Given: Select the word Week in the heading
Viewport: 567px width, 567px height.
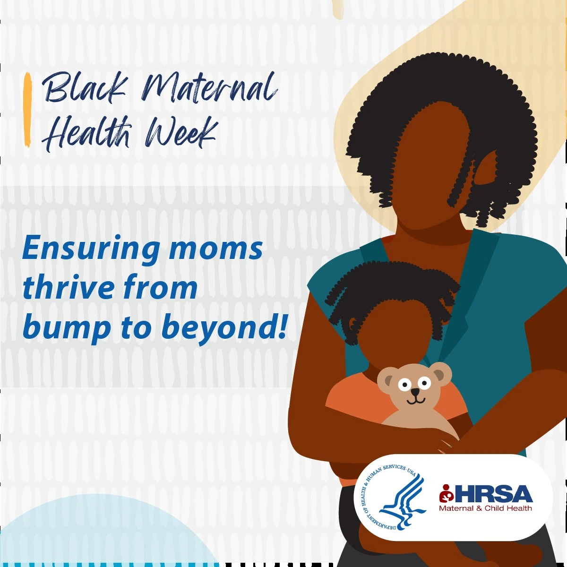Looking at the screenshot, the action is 182,133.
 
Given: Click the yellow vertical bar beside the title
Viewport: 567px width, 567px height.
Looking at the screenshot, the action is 27,110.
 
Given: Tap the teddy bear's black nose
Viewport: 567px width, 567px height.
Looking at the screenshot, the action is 415,392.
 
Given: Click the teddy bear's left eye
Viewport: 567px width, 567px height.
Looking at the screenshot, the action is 404,385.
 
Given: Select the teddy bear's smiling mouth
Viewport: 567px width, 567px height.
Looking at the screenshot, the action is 415,401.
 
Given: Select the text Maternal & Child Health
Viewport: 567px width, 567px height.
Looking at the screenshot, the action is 486,508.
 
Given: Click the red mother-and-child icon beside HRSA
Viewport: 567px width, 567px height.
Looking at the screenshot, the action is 447,493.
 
